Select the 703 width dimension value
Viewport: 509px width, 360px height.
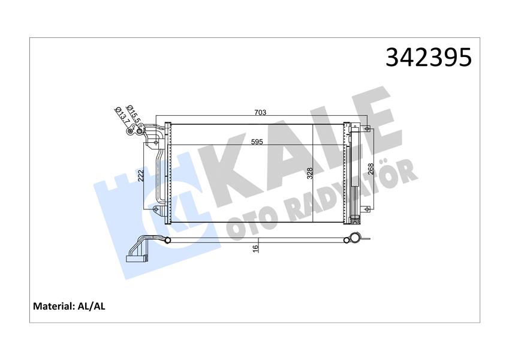260,112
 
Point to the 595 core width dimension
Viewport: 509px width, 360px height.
257,142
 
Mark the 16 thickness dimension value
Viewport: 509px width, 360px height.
255,247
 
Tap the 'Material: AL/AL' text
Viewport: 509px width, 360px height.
68,306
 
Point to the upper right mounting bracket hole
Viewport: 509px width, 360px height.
366,128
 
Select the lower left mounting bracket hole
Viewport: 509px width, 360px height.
156,209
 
